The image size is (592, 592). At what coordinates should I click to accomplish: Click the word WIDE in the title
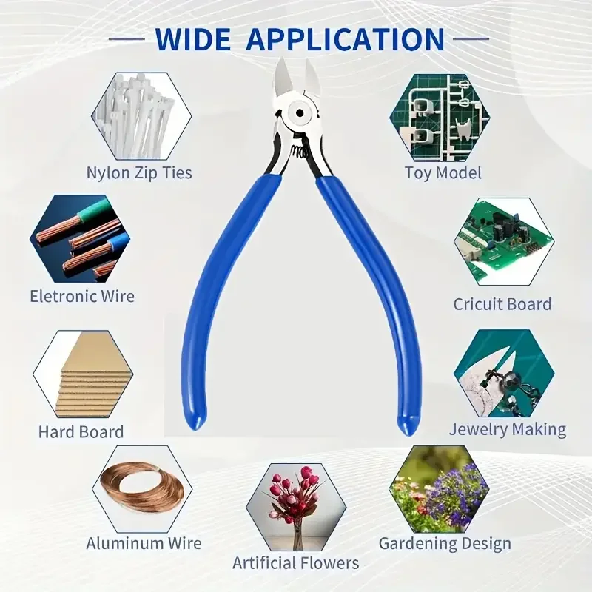(192, 39)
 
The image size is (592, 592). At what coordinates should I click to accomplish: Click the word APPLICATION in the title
(346, 39)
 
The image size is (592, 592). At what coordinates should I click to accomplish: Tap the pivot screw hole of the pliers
(300, 113)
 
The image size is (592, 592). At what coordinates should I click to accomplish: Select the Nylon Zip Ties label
(139, 173)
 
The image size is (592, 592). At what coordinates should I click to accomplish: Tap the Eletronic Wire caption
(82, 296)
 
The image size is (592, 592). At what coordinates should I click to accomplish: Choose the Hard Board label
(81, 432)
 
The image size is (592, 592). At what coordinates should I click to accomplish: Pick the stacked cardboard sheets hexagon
(83, 374)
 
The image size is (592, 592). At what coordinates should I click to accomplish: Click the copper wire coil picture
(142, 488)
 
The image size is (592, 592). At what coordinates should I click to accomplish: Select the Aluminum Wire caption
(144, 543)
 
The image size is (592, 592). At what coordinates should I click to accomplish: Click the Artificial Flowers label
(295, 563)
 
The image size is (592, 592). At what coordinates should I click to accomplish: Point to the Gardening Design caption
(445, 544)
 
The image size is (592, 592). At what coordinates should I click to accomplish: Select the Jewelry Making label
(508, 430)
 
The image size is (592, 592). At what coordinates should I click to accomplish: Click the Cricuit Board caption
(502, 304)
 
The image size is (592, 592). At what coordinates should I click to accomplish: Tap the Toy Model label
(443, 173)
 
